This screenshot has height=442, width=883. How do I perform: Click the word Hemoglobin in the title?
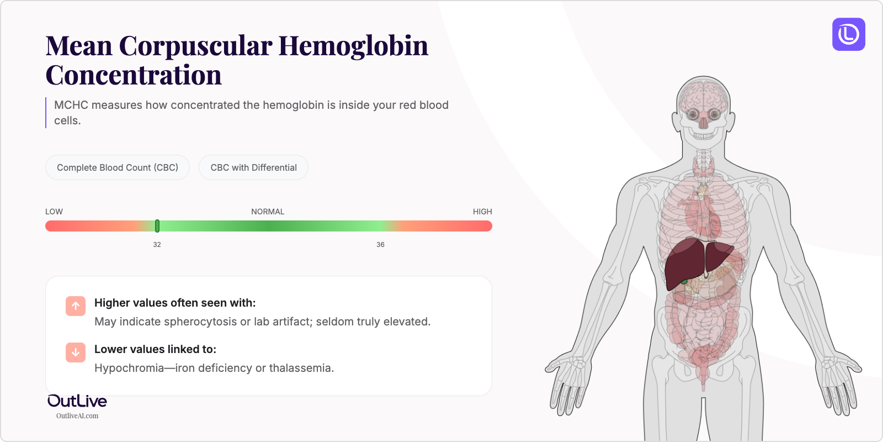(x=353, y=46)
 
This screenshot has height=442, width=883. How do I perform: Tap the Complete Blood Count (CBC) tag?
(x=118, y=167)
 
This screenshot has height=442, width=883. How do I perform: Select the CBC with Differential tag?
(x=253, y=167)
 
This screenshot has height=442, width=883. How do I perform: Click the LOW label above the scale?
(x=54, y=212)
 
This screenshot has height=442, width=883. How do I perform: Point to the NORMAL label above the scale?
(x=268, y=212)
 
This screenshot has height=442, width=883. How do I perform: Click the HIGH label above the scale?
(x=482, y=212)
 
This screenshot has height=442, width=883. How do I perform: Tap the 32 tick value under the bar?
(x=157, y=244)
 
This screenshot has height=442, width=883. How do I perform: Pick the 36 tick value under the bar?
(x=380, y=244)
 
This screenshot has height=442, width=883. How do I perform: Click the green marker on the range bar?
(x=157, y=226)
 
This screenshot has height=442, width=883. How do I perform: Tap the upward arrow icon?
(x=76, y=306)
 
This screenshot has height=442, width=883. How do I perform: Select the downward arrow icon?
(x=76, y=352)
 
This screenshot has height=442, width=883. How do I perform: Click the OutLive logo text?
(x=77, y=401)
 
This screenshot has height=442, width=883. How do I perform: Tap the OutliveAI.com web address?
(x=77, y=416)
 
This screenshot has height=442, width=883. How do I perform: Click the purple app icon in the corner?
(x=848, y=34)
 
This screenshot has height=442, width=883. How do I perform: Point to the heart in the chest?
(x=701, y=215)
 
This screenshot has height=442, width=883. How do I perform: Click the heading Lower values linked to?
(x=155, y=349)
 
